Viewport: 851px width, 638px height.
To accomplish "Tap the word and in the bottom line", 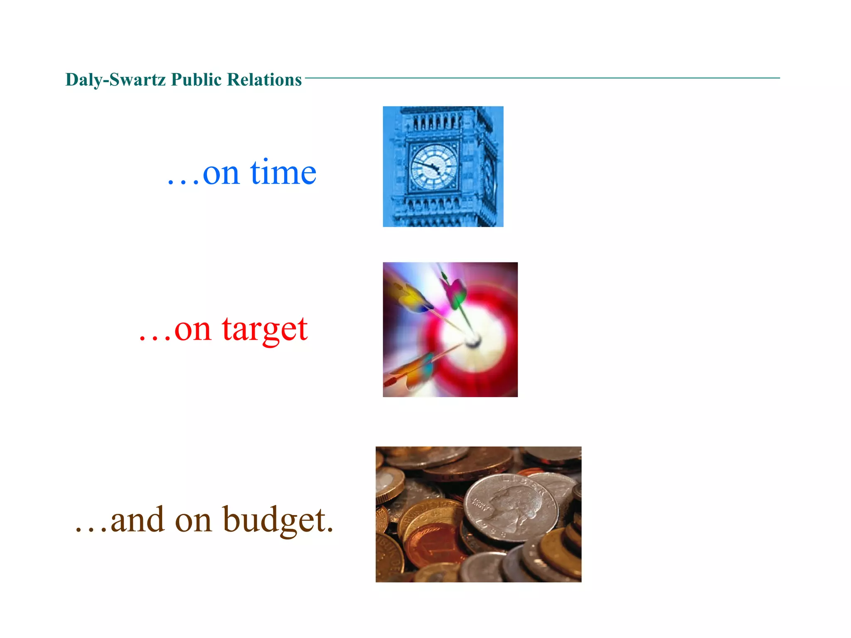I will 137,520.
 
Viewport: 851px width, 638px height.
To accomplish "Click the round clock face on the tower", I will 434,167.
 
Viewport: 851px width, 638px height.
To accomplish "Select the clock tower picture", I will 443,166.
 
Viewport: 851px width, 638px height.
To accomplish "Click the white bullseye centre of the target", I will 473,341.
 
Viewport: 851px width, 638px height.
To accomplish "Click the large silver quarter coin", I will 511,508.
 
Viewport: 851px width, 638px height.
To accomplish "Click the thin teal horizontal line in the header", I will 540,78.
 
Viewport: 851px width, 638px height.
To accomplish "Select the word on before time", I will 221,174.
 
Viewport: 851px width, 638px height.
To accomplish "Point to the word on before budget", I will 193,521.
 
